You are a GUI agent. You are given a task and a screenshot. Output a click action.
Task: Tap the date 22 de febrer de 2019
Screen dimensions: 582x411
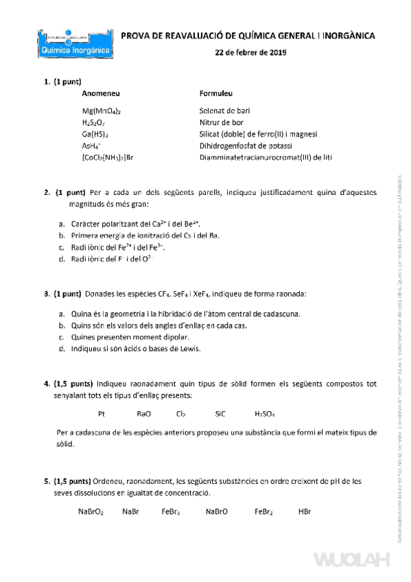coord(250,53)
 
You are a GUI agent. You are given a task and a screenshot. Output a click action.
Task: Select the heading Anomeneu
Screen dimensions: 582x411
coord(101,92)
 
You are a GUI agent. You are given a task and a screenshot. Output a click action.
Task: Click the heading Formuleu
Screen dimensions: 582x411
coord(216,92)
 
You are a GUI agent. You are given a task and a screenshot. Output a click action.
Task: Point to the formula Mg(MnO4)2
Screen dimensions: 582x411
coord(102,110)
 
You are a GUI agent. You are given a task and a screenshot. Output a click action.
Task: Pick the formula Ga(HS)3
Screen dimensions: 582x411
coord(96,134)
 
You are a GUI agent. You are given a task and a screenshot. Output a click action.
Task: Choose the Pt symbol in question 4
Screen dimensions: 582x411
coord(102,414)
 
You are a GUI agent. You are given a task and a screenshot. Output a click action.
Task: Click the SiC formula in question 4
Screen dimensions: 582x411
coord(220,414)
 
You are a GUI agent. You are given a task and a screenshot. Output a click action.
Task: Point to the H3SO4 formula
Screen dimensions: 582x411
coord(264,414)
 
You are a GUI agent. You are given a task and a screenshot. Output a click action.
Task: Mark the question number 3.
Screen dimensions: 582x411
coord(47,294)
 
